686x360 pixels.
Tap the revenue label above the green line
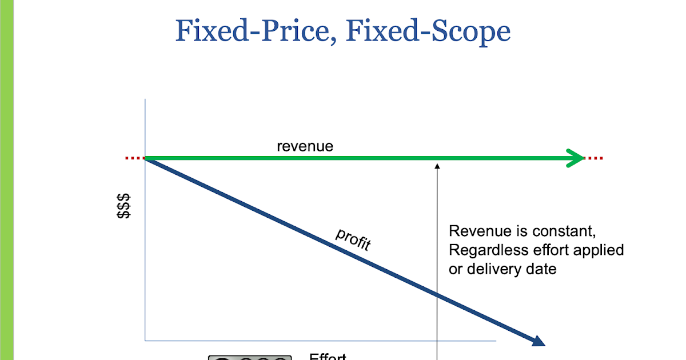305,146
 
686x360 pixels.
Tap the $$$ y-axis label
123,206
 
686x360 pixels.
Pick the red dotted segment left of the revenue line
135,158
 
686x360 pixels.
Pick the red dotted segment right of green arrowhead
595,158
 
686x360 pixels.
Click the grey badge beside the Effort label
250,357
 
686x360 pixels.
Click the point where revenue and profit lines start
146,158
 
